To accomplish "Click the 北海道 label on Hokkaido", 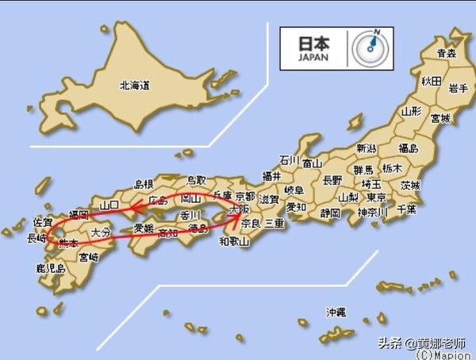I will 135,83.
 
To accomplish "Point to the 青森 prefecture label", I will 447,54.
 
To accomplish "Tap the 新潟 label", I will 366,148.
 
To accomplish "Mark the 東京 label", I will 376,197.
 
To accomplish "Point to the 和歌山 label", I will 235,240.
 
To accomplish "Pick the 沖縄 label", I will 336,312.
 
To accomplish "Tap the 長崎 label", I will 36,237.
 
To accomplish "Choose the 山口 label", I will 109,205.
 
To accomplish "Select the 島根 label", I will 144,183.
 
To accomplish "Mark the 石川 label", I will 289,160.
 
